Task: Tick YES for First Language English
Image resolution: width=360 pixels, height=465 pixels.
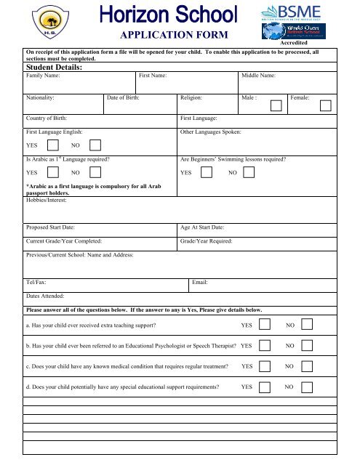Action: click(x=53, y=145)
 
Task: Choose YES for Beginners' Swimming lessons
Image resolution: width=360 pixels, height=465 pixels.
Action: click(x=206, y=173)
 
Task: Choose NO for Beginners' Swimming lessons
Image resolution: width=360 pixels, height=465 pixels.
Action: click(x=249, y=173)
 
